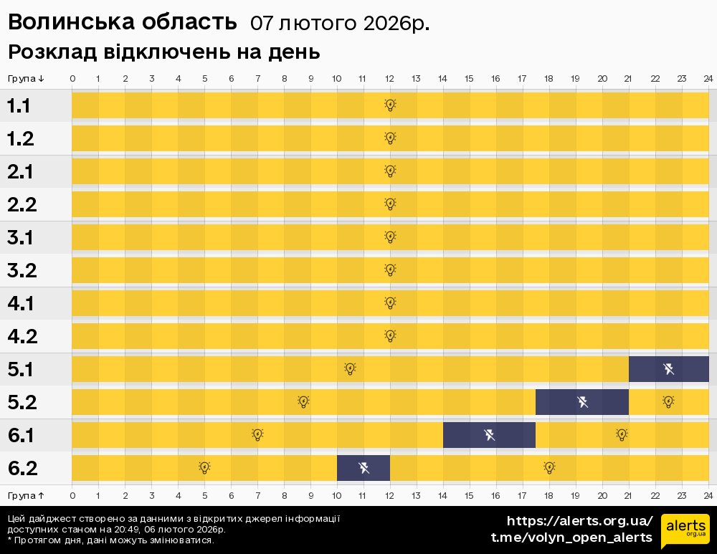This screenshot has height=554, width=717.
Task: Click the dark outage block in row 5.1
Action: click(668, 369)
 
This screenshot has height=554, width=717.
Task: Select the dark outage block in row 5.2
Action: click(581, 402)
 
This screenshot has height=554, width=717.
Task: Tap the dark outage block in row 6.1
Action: click(489, 435)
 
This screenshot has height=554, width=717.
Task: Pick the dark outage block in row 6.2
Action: click(364, 468)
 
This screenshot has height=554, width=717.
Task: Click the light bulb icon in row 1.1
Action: click(390, 105)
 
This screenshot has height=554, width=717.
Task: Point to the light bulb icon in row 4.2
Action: click(390, 336)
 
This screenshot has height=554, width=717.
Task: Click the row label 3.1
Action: click(21, 238)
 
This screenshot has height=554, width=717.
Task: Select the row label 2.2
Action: click(22, 205)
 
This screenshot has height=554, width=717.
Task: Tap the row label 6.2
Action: click(22, 469)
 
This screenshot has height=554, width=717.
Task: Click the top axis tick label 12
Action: click(389, 78)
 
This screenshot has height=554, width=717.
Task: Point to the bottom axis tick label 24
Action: click(708, 495)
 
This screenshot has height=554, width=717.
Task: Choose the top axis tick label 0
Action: click(72, 78)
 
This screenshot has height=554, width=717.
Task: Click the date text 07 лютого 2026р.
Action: click(340, 24)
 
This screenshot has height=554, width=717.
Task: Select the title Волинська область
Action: click(122, 23)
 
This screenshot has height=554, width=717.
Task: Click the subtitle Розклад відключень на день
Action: click(163, 52)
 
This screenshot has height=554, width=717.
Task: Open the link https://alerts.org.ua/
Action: click(579, 521)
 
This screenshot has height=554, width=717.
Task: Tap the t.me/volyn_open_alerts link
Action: click(571, 538)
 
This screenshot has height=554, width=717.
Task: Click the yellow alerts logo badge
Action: click(685, 531)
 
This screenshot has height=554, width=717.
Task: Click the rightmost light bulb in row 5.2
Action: click(668, 402)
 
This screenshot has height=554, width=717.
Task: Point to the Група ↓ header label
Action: click(27, 78)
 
